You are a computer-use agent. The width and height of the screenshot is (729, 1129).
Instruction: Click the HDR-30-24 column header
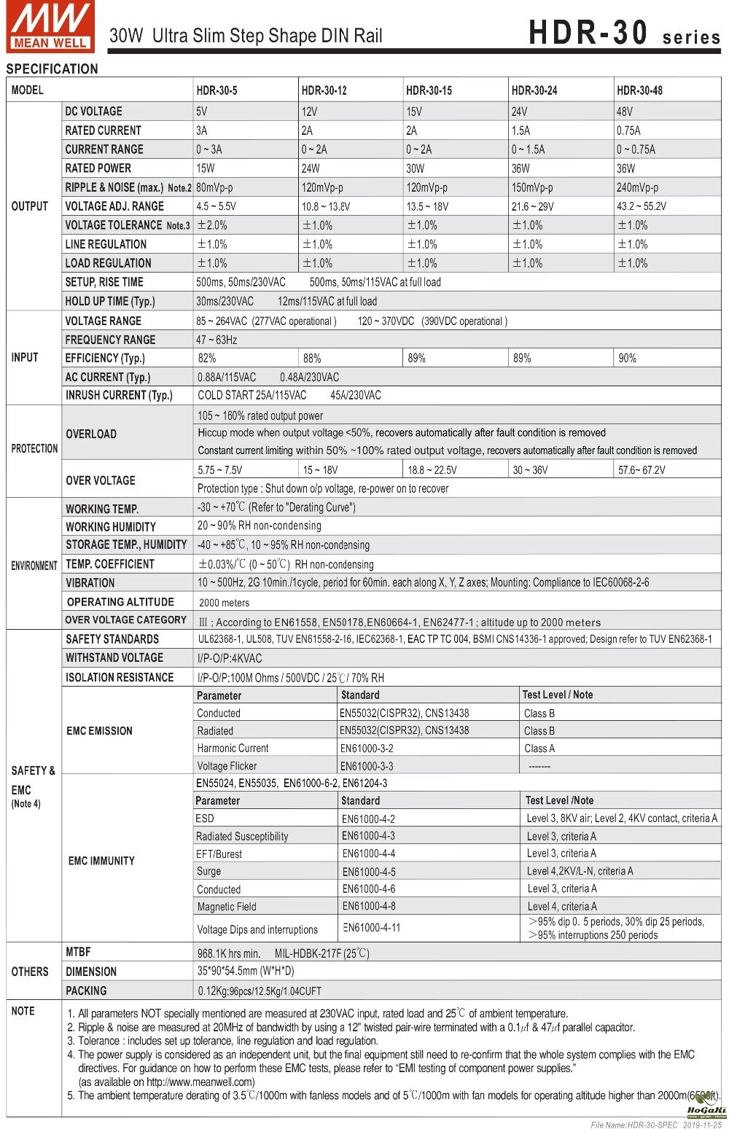point(534,90)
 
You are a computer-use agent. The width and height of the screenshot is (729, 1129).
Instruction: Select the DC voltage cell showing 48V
point(625,112)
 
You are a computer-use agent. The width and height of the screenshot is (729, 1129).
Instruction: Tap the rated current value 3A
point(202,130)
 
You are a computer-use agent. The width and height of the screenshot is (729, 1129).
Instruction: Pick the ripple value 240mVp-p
point(637,187)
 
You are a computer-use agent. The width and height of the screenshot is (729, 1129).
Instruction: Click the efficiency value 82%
point(207,358)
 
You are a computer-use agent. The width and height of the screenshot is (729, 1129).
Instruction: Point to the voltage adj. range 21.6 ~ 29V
point(532,206)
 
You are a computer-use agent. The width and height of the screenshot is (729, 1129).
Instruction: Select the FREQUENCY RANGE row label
point(110,340)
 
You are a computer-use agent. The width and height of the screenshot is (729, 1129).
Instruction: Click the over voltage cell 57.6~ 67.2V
point(642,470)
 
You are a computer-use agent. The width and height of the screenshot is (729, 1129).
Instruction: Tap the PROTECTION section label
point(34,449)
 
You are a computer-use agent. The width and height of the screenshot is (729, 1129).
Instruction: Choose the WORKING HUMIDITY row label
point(111,526)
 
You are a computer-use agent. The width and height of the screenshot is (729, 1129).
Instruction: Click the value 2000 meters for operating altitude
point(224,603)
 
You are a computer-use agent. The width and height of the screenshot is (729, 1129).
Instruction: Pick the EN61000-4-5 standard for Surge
point(369,872)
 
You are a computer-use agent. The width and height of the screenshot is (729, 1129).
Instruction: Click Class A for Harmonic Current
point(539,749)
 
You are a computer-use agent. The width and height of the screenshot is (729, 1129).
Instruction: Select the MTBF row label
point(78,952)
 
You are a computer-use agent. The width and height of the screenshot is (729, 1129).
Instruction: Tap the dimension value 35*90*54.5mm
point(246,972)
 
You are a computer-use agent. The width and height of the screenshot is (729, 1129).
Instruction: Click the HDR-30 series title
point(624,34)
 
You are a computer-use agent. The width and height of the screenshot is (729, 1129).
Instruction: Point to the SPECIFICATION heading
point(52,69)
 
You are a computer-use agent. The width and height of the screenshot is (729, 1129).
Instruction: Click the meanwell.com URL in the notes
point(200,1082)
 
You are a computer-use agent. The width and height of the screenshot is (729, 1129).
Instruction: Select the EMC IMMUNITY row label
point(101,861)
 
